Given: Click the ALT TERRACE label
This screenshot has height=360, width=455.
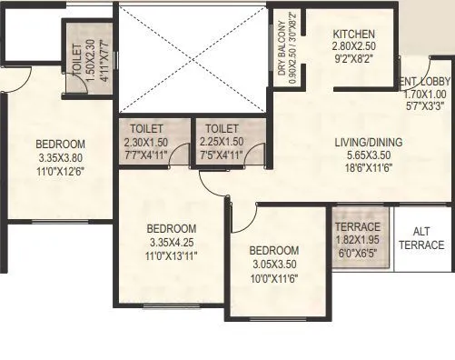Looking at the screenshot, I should pos(422,238).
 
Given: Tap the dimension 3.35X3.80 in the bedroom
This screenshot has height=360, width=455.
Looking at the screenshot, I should pos(60,156).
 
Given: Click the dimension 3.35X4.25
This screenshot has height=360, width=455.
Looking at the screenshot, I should pos(172,242).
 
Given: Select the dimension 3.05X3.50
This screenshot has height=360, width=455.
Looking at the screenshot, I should pos(274,264).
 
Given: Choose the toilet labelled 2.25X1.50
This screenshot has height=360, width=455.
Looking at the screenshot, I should pos(223,142).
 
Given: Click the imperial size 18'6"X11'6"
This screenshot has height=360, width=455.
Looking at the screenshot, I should pos(361,169).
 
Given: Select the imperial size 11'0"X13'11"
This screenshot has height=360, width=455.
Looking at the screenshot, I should pos(172,255).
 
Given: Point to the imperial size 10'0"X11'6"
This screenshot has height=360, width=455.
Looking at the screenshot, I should pos(274,277).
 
